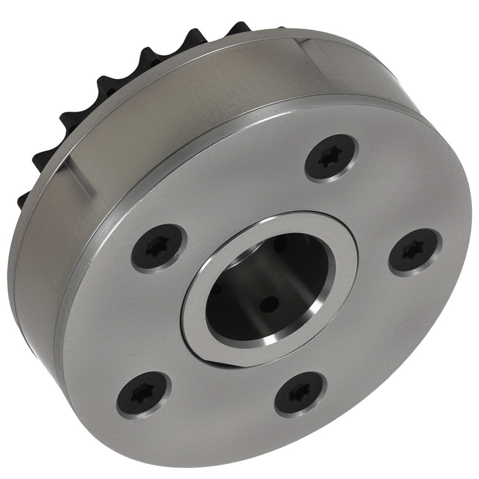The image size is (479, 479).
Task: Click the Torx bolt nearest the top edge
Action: pyautogui.click(x=332, y=159)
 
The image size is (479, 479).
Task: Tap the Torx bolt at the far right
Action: pyautogui.click(x=412, y=251)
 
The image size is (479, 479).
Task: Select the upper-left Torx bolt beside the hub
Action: pyautogui.click(x=158, y=247)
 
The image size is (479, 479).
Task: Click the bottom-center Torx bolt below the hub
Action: pyautogui.click(x=299, y=394)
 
